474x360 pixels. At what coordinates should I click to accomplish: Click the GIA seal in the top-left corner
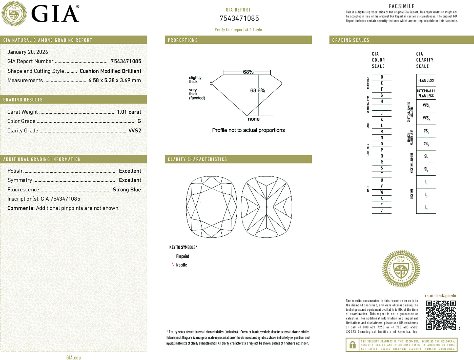point(14,14)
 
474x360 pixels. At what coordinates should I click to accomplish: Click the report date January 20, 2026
point(28,52)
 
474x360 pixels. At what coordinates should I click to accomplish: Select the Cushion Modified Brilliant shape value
point(110,71)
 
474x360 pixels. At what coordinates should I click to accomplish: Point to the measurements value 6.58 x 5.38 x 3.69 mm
point(114,81)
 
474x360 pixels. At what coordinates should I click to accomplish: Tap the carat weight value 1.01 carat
point(129,112)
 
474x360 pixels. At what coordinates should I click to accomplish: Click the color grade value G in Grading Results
point(139,121)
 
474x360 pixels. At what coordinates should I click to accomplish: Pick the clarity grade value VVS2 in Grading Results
point(135,131)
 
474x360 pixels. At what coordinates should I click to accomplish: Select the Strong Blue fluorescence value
point(127,190)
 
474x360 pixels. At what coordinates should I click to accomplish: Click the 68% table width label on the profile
point(248,72)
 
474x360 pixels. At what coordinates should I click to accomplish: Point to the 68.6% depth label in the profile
point(257,91)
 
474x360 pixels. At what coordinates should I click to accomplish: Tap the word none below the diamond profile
point(254,119)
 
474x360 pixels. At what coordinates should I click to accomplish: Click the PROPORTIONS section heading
point(183,40)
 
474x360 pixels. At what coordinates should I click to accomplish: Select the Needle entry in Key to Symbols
point(181,265)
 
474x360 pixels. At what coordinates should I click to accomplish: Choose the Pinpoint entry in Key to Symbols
point(182,256)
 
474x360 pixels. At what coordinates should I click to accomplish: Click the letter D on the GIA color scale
point(382,77)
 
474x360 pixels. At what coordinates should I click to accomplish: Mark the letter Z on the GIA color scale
point(382,211)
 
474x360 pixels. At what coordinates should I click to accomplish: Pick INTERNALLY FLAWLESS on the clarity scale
point(426,93)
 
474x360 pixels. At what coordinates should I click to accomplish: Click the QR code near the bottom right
point(441,315)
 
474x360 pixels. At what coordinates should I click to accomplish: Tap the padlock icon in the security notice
point(352,345)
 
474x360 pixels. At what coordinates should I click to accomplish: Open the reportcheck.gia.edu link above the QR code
point(440,296)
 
